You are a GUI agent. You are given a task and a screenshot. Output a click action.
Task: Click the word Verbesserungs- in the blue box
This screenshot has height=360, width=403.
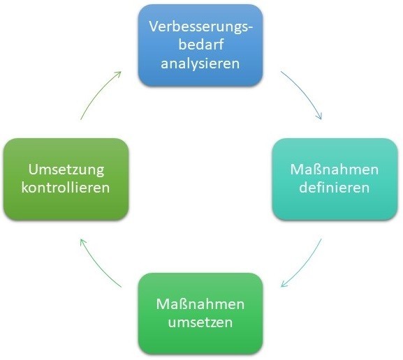(200, 27)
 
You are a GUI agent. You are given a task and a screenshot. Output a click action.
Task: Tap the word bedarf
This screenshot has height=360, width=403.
(200, 44)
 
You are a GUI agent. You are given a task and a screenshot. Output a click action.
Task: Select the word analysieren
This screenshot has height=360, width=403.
(200, 63)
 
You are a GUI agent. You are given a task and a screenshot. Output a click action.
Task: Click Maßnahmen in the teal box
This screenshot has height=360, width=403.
(335, 170)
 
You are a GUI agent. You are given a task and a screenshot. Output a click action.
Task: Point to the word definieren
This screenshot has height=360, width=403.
(335, 187)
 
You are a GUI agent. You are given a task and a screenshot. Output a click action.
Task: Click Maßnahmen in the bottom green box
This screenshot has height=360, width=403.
(200, 304)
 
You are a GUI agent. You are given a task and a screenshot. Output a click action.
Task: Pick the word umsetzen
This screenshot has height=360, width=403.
(200, 322)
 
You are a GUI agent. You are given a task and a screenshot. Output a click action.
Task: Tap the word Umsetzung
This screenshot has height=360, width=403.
(66, 170)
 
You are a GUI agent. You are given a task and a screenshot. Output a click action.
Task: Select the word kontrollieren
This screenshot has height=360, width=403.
(66, 187)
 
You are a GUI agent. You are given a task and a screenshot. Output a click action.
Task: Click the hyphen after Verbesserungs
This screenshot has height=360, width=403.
(250, 29)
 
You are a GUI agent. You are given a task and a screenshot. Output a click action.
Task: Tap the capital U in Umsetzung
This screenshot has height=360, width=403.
(33, 170)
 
